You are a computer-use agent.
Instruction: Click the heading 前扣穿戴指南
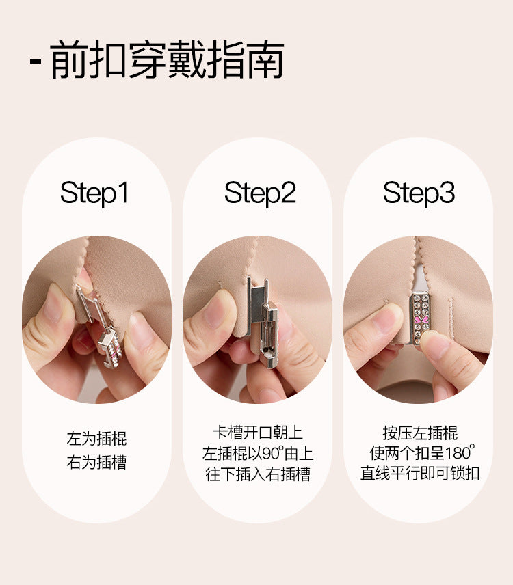(x=167, y=60)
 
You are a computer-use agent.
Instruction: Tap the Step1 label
(x=94, y=193)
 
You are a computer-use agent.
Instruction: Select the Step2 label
(x=260, y=193)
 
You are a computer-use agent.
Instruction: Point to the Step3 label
(x=419, y=193)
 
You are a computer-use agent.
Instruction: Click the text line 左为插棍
(x=96, y=439)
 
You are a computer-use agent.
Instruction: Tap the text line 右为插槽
(x=96, y=462)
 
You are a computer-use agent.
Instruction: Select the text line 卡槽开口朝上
(x=258, y=433)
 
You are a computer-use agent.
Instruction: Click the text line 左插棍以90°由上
(x=258, y=453)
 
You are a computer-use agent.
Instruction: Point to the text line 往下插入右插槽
(x=258, y=474)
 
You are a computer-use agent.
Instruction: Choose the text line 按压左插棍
(x=420, y=433)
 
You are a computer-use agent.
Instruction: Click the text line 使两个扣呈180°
(x=422, y=452)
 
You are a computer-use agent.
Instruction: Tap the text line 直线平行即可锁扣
(x=420, y=473)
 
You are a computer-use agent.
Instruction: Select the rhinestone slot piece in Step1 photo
(x=111, y=345)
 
